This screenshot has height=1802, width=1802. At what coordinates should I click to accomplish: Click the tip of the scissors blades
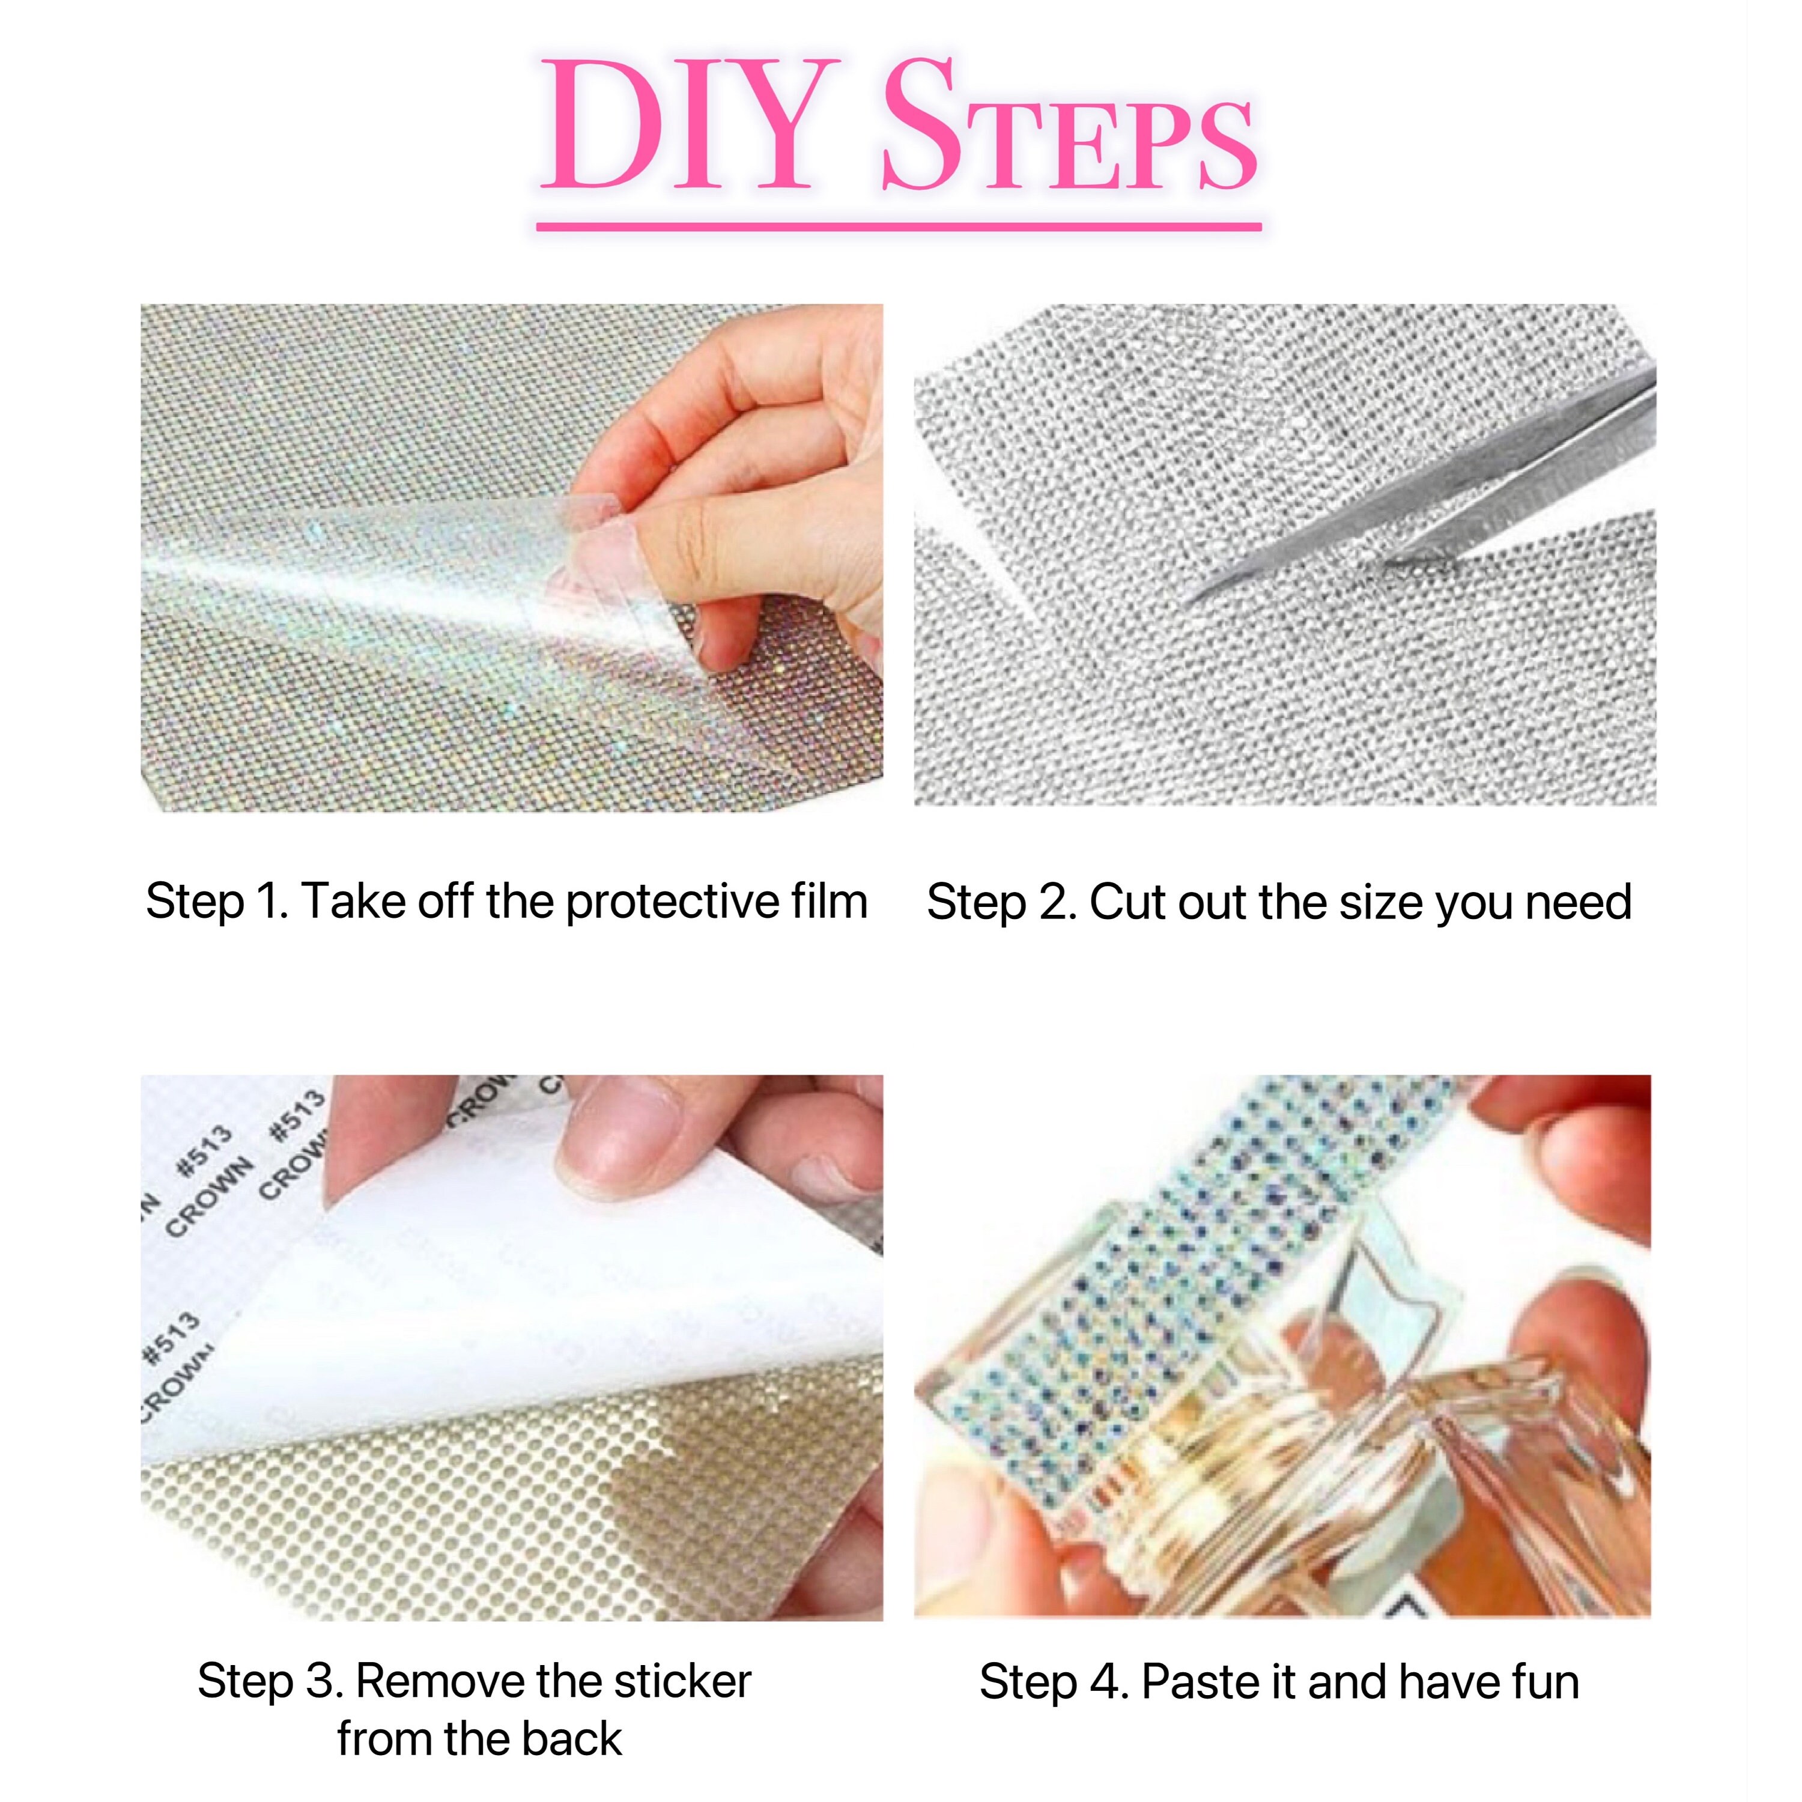(1198, 597)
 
